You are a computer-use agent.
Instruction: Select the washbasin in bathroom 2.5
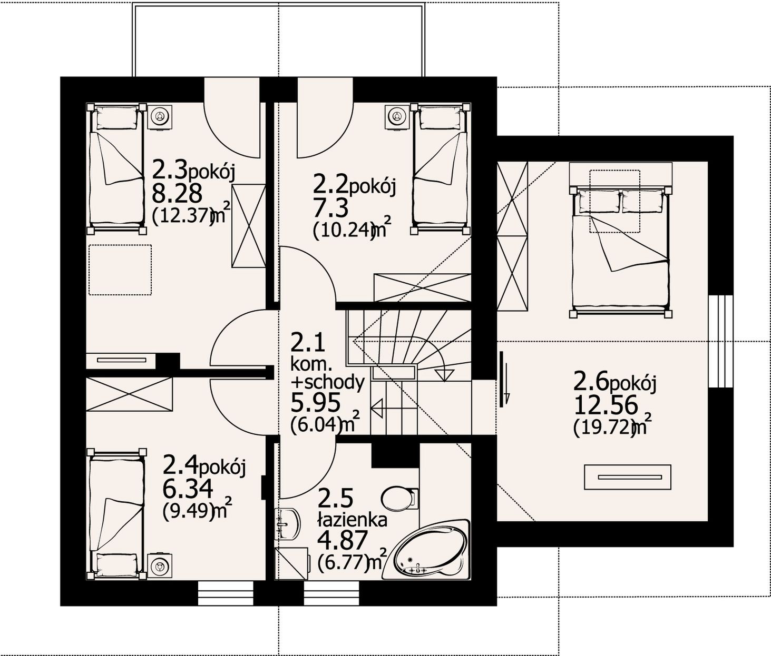(287, 524)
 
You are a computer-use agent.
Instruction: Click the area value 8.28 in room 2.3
(177, 194)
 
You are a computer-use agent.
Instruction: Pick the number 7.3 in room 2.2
(330, 208)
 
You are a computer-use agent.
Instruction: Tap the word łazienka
(352, 520)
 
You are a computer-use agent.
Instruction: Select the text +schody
(327, 382)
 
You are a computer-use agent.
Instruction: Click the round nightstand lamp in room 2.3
(161, 116)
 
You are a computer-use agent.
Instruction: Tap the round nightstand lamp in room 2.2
(396, 116)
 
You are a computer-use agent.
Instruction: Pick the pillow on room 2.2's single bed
(439, 117)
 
